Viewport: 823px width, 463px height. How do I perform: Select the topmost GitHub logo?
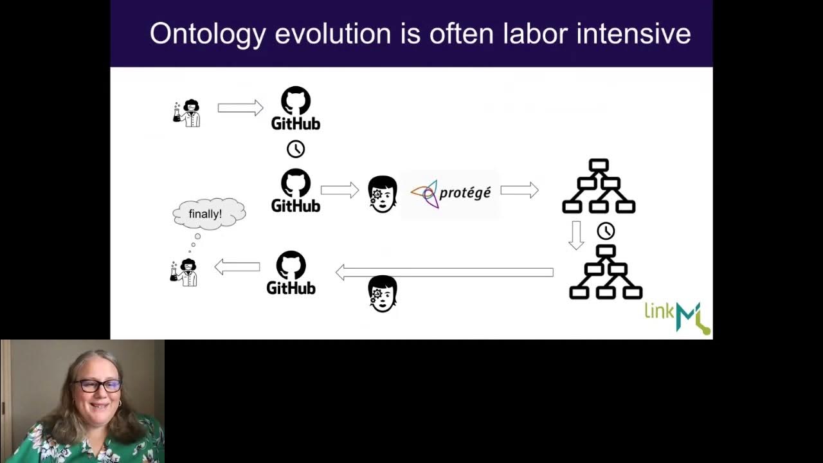(x=296, y=108)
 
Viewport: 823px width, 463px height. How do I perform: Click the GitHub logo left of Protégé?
(x=296, y=190)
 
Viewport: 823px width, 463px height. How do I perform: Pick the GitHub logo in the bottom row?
(x=291, y=273)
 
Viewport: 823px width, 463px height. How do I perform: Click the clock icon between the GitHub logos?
(x=296, y=149)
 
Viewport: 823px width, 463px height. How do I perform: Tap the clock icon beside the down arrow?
(x=606, y=231)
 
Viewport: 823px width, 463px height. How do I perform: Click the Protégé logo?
(x=450, y=192)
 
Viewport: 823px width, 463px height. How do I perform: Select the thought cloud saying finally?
(x=208, y=213)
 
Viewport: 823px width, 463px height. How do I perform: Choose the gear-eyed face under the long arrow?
(x=383, y=294)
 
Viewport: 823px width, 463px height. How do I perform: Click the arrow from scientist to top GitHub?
(x=240, y=107)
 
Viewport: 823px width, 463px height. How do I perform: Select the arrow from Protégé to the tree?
(x=520, y=190)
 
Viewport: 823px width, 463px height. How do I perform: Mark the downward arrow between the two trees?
(x=576, y=235)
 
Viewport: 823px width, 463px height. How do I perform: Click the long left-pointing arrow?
(x=444, y=273)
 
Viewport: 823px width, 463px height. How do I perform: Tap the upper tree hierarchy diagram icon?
(x=599, y=186)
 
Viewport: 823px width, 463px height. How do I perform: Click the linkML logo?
(x=677, y=317)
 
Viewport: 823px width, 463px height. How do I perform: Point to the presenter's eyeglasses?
(x=97, y=386)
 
